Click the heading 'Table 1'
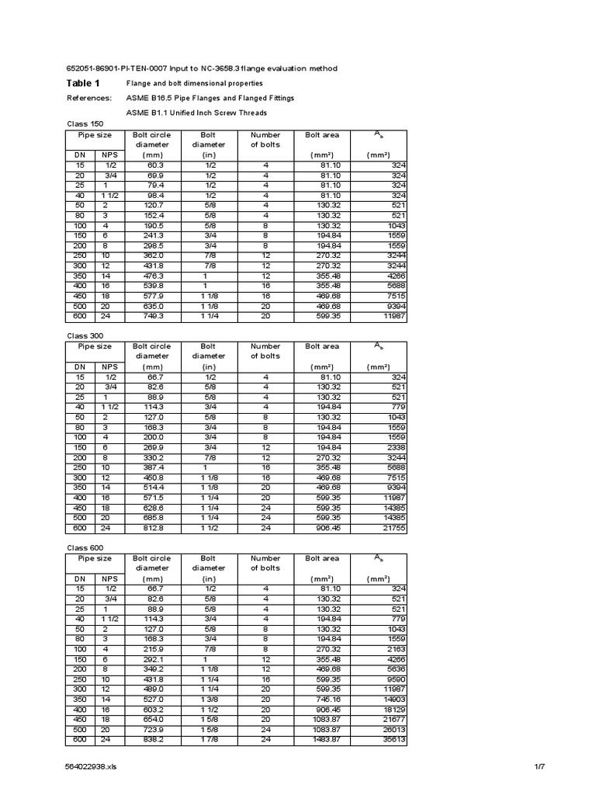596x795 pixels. pos(84,83)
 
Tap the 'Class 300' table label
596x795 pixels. pos(85,335)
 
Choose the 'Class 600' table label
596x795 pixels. pos(85,547)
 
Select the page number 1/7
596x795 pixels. pos(541,767)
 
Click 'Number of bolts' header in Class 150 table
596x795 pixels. pos(265,140)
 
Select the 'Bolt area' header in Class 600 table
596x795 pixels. pos(322,558)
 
